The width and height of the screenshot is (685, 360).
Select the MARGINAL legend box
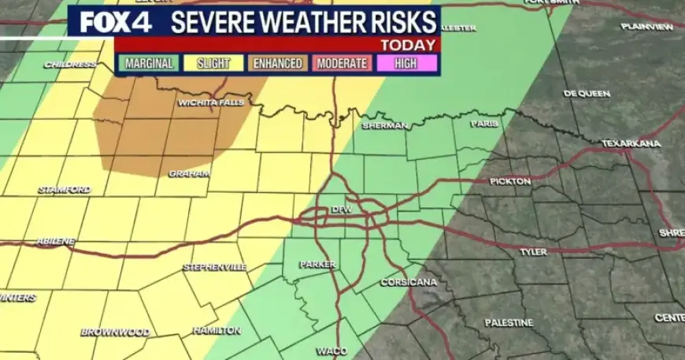click(x=148, y=63)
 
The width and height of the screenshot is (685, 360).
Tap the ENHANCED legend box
click(x=277, y=63)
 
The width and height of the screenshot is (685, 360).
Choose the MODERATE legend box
click(x=342, y=63)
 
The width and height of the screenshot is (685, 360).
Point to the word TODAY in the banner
click(x=407, y=45)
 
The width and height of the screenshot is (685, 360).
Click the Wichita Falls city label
click(x=211, y=102)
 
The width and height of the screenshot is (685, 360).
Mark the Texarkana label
click(x=631, y=143)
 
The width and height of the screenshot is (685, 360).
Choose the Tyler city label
click(x=533, y=252)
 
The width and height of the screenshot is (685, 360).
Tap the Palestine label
click(x=509, y=322)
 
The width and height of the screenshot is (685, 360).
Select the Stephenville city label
click(x=215, y=267)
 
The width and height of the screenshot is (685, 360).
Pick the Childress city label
click(x=69, y=64)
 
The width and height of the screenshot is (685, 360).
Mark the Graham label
click(x=189, y=173)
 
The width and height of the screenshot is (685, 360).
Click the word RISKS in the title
click(x=396, y=20)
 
